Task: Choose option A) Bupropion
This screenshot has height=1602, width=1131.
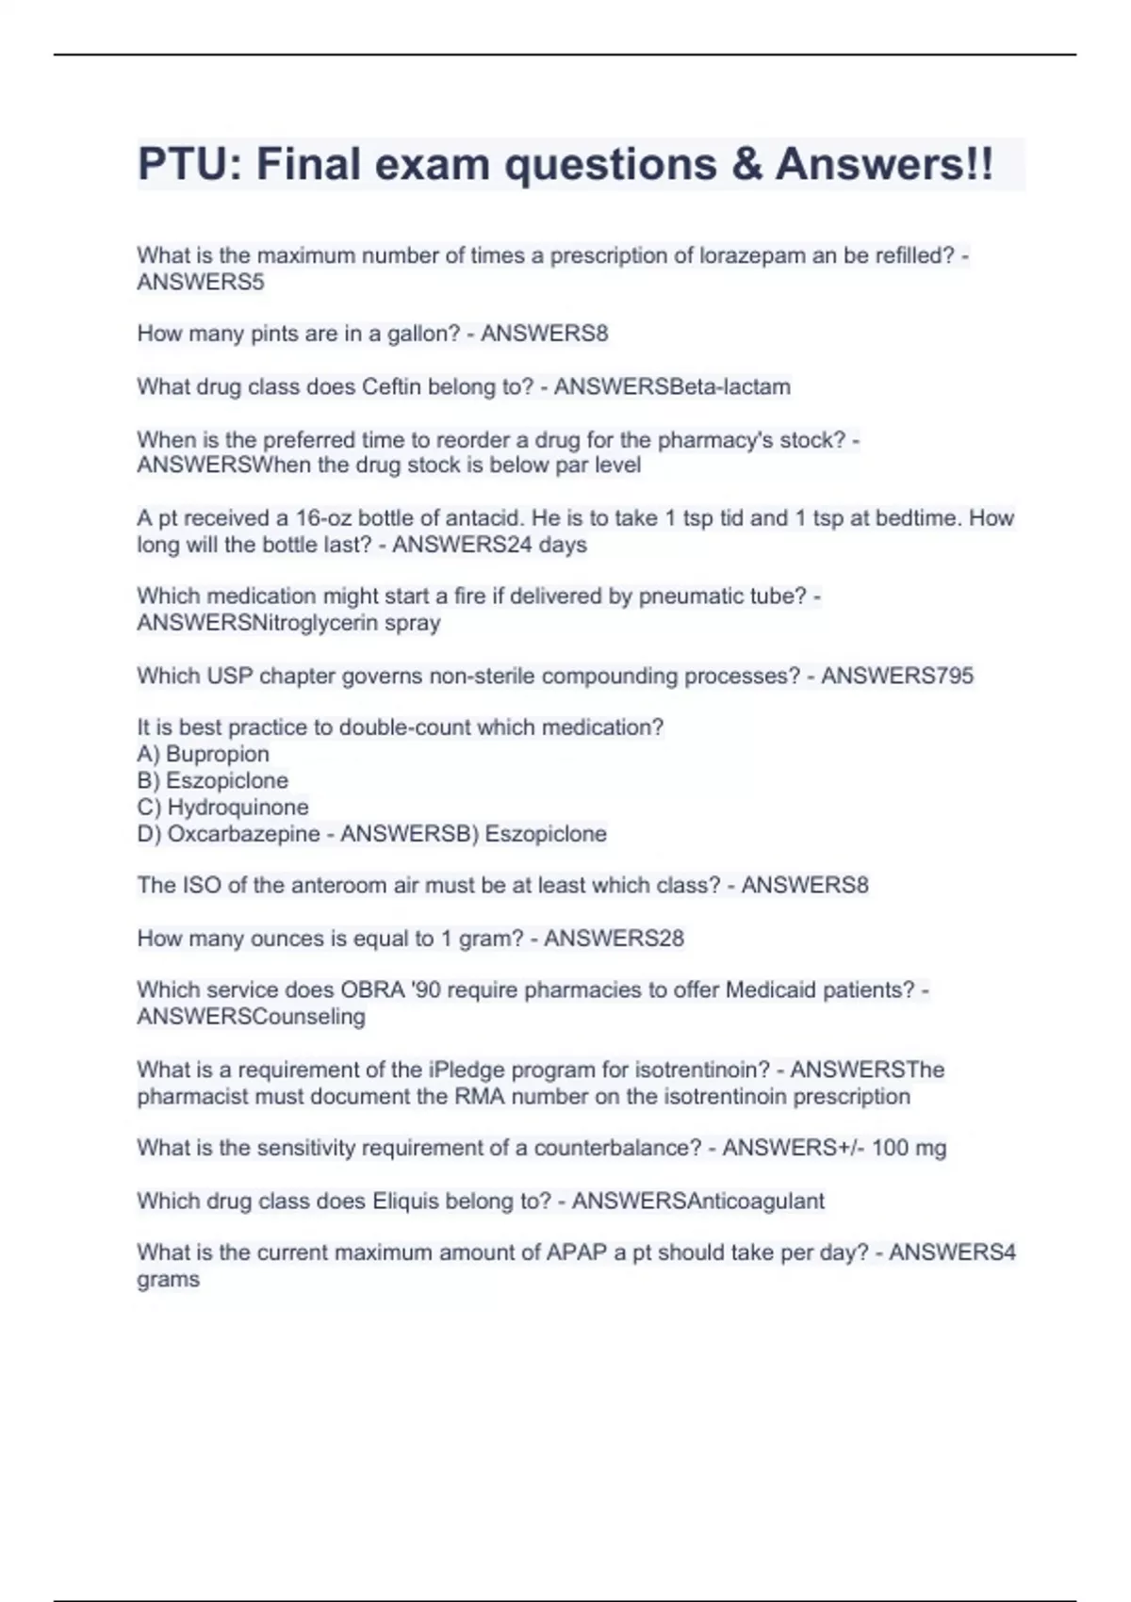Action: [204, 754]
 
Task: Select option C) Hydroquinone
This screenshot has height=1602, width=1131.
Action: [223, 807]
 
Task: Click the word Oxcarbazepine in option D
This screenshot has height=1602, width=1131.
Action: [243, 834]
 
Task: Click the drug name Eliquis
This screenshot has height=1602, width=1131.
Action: [405, 1201]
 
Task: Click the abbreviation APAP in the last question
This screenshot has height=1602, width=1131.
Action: [577, 1253]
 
